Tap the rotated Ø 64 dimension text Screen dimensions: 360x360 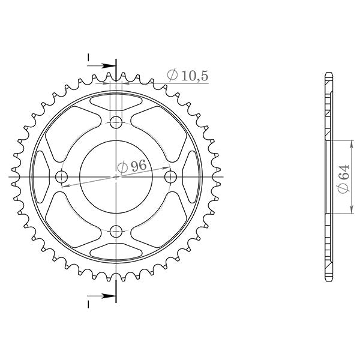pos(343,179)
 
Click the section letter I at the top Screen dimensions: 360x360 pos(88,58)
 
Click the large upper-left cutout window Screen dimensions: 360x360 pos(69,129)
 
